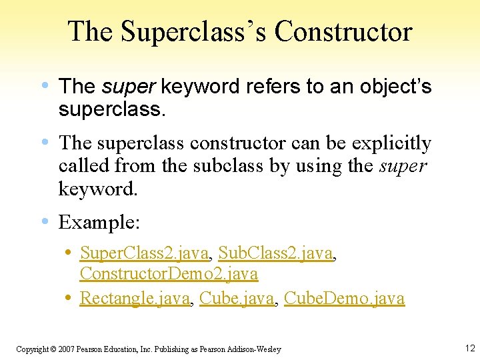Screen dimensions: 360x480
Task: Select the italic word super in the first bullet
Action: [x=129, y=86]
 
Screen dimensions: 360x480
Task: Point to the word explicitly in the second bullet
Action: [x=391, y=143]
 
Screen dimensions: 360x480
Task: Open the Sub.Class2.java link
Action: [x=275, y=253]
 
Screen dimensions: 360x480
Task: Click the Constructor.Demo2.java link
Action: [x=169, y=273]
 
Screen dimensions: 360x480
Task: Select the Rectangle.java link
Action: [x=135, y=298]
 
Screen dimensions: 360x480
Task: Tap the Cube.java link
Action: [x=237, y=298]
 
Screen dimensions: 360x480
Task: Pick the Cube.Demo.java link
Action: [x=344, y=298]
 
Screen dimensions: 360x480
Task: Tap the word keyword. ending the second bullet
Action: [x=98, y=189]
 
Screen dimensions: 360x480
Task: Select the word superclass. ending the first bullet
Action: [x=111, y=109]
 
